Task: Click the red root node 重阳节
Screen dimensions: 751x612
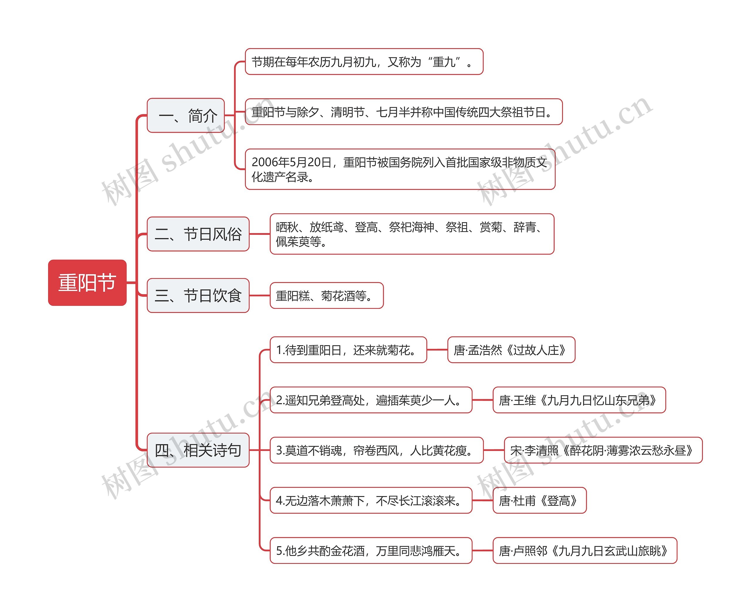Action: point(87,283)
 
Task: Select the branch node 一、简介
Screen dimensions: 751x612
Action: point(186,115)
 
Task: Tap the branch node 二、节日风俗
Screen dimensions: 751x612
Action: point(198,234)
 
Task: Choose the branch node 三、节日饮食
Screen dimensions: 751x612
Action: point(198,295)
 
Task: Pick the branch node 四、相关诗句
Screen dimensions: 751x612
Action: point(198,450)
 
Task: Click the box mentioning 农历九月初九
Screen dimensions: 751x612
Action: point(364,62)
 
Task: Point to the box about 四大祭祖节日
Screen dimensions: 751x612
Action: point(403,112)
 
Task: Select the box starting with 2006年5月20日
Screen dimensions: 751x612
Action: point(400,169)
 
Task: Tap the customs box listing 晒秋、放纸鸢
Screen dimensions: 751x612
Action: point(412,234)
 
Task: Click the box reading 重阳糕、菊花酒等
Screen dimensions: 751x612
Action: point(327,295)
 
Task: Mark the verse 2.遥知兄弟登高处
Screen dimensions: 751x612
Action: point(371,400)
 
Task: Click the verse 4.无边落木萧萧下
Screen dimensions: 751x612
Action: point(371,500)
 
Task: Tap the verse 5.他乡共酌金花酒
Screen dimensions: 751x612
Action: point(371,551)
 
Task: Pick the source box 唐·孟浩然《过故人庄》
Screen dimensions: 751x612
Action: point(511,350)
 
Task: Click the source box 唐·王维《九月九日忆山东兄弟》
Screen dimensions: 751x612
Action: point(579,400)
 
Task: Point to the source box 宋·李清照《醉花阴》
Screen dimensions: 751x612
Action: point(603,450)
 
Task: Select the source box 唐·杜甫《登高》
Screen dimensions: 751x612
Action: point(539,500)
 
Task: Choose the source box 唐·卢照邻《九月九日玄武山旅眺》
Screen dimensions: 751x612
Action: point(585,551)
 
